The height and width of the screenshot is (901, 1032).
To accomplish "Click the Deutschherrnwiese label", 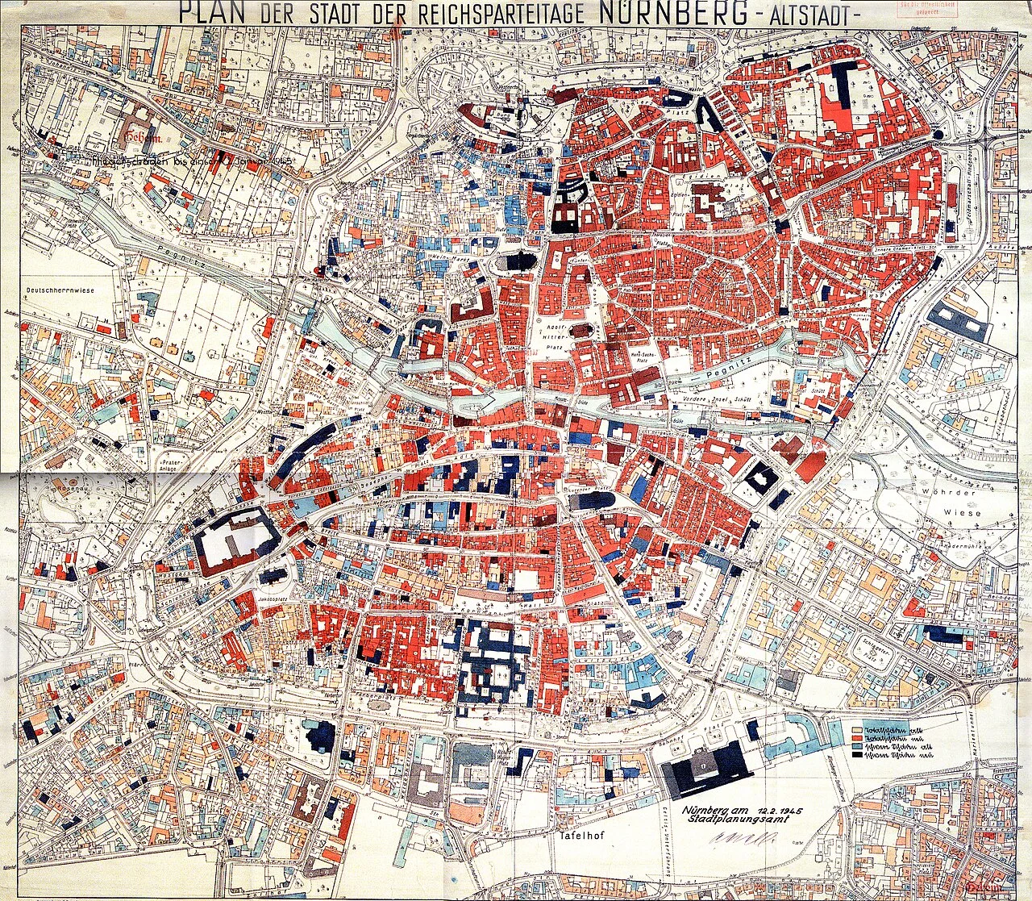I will pos(60,290).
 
